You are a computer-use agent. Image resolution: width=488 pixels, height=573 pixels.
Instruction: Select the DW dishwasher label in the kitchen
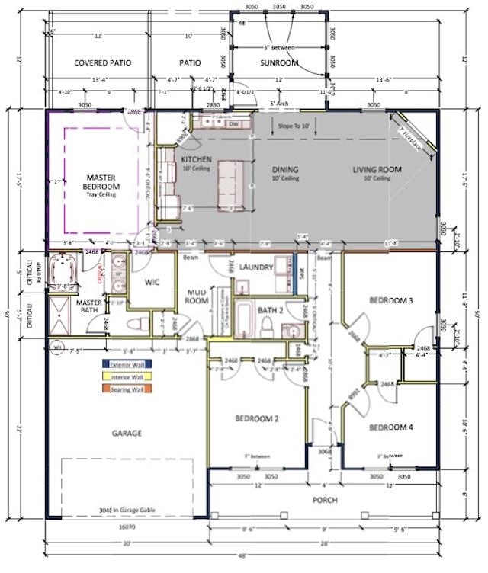pos(234,123)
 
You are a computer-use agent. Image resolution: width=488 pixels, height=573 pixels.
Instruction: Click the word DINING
pos(285,170)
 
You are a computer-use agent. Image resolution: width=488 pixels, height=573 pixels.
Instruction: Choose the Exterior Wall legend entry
pos(127,364)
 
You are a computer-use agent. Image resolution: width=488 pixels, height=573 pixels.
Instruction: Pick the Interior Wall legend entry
pos(127,376)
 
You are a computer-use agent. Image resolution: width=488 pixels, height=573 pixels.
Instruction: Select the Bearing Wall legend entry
pos(127,389)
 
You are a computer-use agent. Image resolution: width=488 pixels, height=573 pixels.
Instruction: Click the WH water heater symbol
pos(56,347)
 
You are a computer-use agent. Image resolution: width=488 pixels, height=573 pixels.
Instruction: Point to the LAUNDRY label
pos(256,267)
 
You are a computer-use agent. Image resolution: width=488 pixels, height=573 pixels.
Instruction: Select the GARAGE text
pos(127,433)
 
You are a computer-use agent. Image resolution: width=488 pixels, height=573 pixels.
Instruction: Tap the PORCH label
pos(324,500)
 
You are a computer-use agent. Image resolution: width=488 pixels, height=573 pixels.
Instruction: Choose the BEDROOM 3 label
pos(391,300)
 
